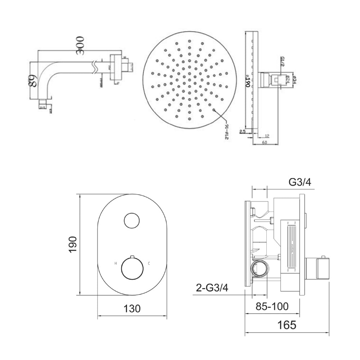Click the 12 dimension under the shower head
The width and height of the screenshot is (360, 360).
pyautogui.click(x=266, y=136)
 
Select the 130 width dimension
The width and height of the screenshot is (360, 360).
pyautogui.click(x=132, y=309)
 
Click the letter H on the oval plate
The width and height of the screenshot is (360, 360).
pyautogui.click(x=116, y=264)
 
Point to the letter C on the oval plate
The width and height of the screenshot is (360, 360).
pyautogui.click(x=149, y=264)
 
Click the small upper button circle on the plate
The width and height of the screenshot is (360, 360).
pyautogui.click(x=132, y=221)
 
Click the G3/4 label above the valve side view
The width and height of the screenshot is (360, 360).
pyautogui.click(x=300, y=183)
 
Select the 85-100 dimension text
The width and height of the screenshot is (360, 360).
pyautogui.click(x=272, y=307)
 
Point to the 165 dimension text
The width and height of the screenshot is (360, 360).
pyautogui.click(x=287, y=325)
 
